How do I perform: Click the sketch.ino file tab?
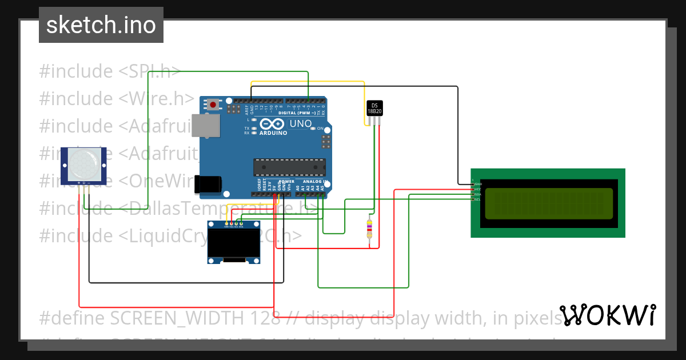click(x=101, y=25)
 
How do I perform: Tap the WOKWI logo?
click(x=607, y=315)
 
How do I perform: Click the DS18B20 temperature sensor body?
click(x=374, y=109)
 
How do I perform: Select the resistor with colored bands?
click(x=370, y=229)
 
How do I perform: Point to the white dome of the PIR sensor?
click(x=83, y=163)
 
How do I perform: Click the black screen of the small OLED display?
click(x=233, y=244)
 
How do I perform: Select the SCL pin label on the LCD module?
click(x=477, y=199)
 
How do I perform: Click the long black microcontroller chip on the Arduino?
click(x=289, y=167)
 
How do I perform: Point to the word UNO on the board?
click(x=301, y=123)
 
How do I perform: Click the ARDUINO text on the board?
click(x=274, y=133)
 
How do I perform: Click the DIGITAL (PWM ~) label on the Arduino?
click(x=298, y=113)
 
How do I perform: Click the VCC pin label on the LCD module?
click(x=477, y=189)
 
